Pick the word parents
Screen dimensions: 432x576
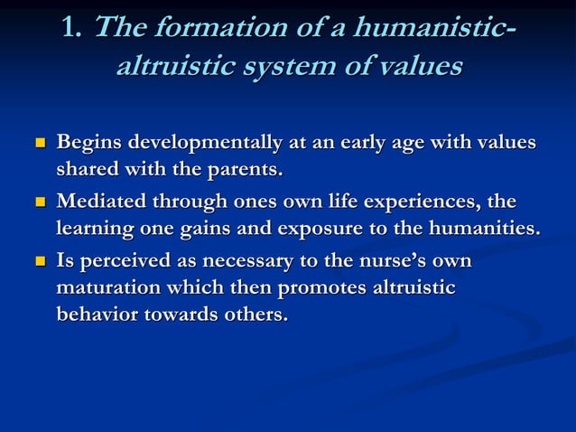click(x=243, y=169)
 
